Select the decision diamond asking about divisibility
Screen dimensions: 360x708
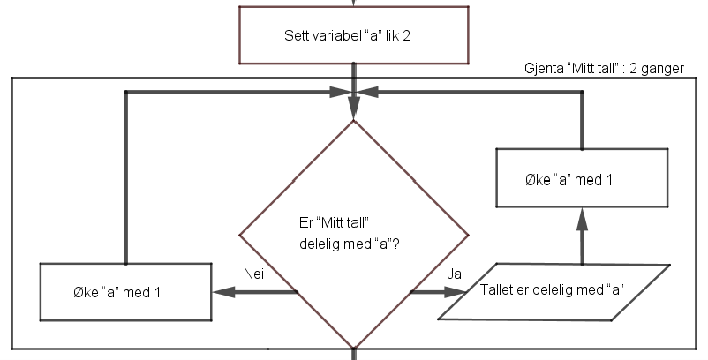tap(353, 234)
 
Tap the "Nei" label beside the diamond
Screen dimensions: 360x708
tap(254, 274)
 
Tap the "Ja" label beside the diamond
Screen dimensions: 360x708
tap(455, 274)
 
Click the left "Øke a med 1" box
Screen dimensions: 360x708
tap(126, 292)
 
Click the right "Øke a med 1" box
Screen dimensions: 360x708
tap(582, 180)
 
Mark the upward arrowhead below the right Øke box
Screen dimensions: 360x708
tap(582, 216)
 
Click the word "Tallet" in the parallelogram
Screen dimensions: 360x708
tap(500, 290)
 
